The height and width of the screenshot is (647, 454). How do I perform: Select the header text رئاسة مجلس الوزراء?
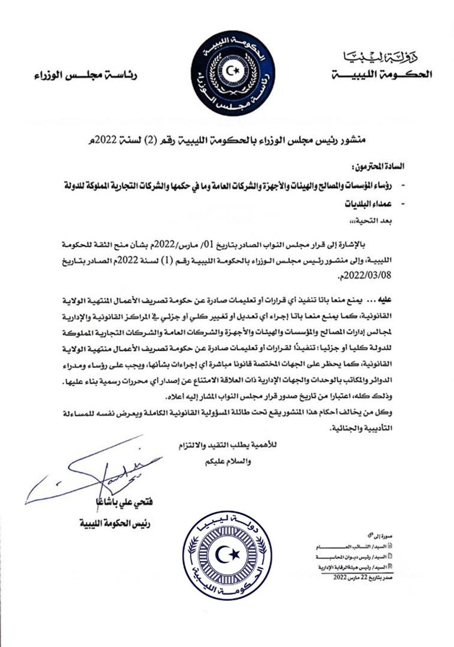point(86,76)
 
